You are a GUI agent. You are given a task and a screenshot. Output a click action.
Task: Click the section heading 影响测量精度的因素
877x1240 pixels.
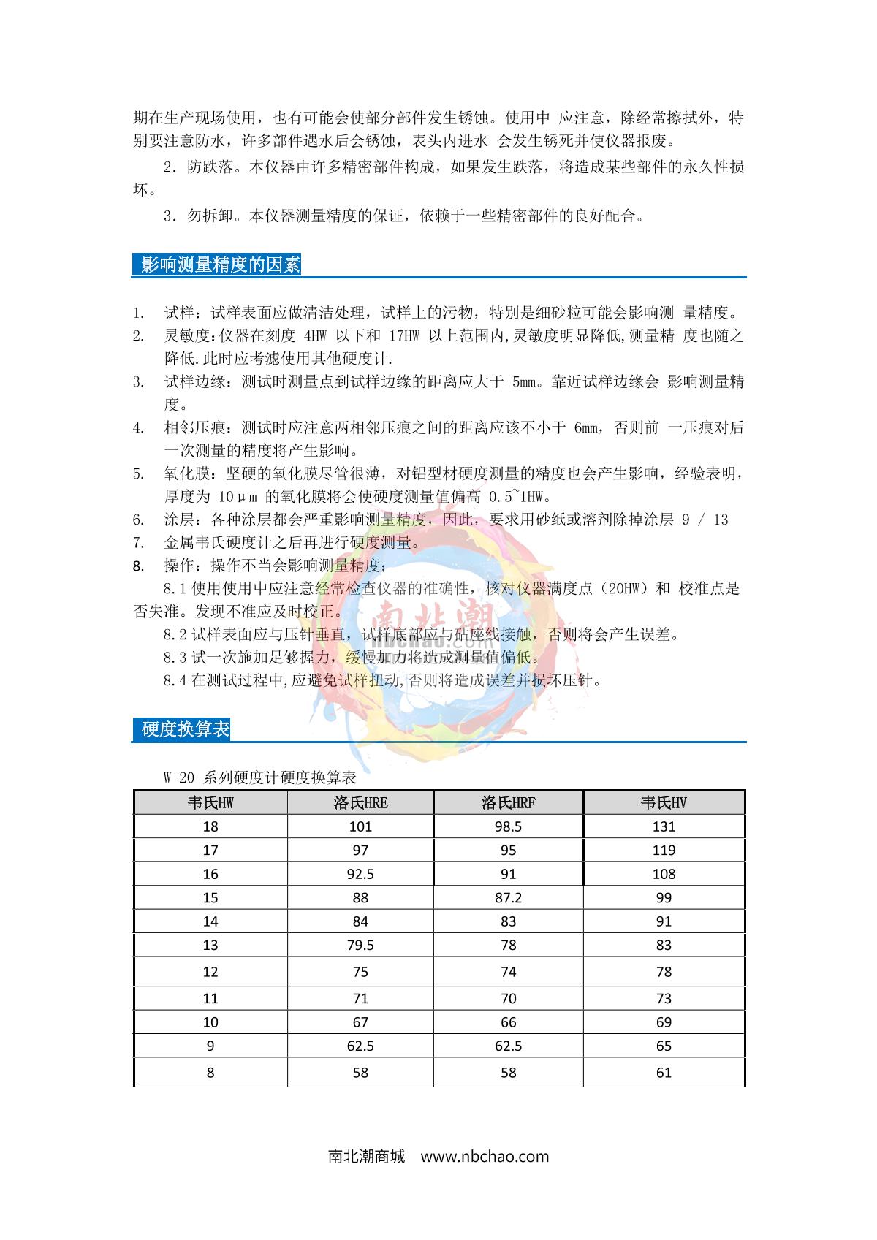pos(220,265)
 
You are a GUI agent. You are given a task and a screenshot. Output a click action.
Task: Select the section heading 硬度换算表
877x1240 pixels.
pos(186,729)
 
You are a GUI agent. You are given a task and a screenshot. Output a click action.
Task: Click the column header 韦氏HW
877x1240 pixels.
pos(210,803)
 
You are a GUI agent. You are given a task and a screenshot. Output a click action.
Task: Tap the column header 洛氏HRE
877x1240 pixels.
pos(360,803)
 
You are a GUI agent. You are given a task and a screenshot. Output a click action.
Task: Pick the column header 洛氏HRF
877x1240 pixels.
pos(508,803)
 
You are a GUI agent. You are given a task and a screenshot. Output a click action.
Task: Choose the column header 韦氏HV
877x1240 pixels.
pos(664,803)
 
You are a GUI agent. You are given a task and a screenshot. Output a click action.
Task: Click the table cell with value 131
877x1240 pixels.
pos(664,827)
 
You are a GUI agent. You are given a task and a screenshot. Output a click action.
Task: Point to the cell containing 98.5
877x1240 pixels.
pos(508,827)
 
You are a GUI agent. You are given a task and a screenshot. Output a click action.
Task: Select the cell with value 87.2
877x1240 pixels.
pos(508,898)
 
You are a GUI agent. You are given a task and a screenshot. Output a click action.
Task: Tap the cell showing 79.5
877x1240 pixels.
pos(360,946)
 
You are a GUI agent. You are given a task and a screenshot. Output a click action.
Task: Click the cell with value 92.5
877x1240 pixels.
pos(360,875)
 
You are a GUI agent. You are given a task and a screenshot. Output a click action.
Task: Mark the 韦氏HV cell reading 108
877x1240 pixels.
pos(664,875)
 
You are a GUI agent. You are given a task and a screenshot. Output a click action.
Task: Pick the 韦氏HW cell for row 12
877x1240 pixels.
pos(210,972)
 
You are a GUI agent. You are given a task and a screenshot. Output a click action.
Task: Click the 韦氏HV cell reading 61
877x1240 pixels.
pos(664,1073)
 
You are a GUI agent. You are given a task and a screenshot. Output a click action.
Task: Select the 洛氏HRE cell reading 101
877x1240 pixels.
pos(360,827)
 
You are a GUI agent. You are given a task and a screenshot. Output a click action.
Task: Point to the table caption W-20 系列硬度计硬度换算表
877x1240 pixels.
pos(259,777)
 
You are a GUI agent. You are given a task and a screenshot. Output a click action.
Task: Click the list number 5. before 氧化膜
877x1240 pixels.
pos(138,474)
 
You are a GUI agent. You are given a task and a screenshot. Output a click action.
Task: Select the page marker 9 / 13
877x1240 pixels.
pos(705,520)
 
